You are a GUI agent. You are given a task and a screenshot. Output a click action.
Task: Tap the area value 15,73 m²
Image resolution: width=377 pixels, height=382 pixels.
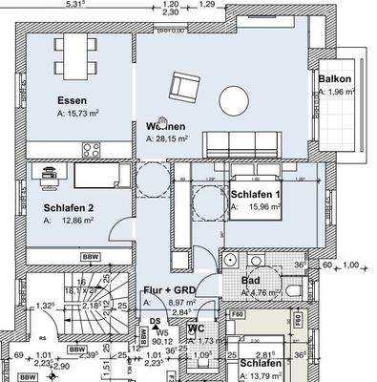pyautogui.click(x=92, y=113)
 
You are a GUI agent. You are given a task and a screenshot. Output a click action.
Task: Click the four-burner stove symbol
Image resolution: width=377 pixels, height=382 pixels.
pyautogui.click(x=93, y=149)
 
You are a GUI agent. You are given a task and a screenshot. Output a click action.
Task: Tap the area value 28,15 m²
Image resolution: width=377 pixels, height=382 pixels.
pyautogui.click(x=176, y=139)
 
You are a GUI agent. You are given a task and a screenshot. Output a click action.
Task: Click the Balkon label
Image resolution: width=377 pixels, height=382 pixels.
pyautogui.click(x=337, y=78)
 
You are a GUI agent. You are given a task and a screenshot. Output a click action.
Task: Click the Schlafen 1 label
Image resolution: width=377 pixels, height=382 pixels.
pyautogui.click(x=256, y=195)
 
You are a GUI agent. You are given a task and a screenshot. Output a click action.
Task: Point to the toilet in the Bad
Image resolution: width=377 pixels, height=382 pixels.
pyautogui.click(x=295, y=288)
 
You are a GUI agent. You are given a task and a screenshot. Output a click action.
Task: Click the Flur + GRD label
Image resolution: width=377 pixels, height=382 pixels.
pyautogui.click(x=171, y=287)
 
